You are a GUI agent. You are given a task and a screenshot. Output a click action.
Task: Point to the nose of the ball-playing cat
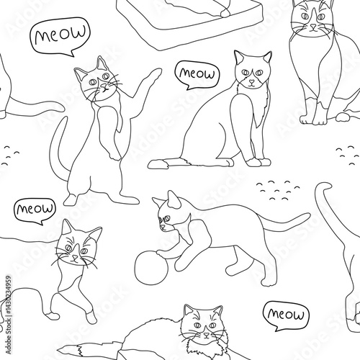(163, 227)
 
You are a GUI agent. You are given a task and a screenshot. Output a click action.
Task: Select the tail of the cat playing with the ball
(283, 221)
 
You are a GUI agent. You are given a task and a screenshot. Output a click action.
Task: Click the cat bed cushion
(189, 23)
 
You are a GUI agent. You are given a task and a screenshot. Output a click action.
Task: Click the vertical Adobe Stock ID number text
(8, 315)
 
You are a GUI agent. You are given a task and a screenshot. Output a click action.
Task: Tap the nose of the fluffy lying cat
(207, 334)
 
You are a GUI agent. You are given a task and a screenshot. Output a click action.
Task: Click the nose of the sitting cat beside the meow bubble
(251, 82)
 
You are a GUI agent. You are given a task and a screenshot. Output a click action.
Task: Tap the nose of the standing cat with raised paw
(104, 86)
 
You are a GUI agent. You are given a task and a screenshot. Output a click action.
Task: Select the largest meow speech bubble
(60, 36)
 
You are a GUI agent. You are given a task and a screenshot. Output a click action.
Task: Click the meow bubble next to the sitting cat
(197, 75)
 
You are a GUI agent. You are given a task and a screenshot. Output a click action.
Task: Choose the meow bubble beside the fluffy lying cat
(286, 315)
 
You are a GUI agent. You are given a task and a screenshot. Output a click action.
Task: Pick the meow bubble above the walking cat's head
(35, 210)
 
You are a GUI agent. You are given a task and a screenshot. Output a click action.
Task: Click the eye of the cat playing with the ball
(166, 219)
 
